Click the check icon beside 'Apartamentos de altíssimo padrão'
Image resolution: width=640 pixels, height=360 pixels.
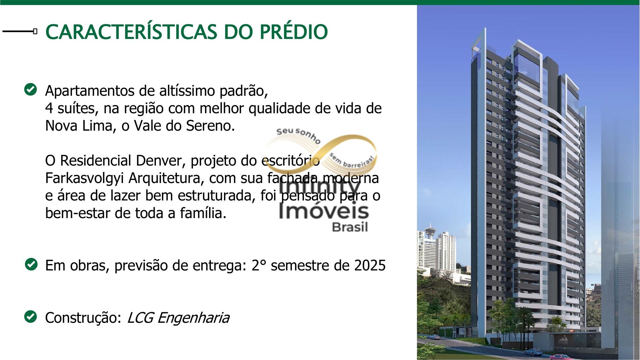click(31, 89)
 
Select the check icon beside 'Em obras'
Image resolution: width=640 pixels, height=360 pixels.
click(31, 264)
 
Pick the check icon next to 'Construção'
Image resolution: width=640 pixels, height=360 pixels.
click(31, 317)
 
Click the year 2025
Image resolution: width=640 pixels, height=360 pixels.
click(370, 265)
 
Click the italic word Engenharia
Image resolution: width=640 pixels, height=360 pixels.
click(193, 318)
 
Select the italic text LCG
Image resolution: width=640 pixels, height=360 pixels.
click(140, 318)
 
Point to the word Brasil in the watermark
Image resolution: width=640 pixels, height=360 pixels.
click(350, 227)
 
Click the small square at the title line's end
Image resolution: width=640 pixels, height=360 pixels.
click(35, 31)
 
